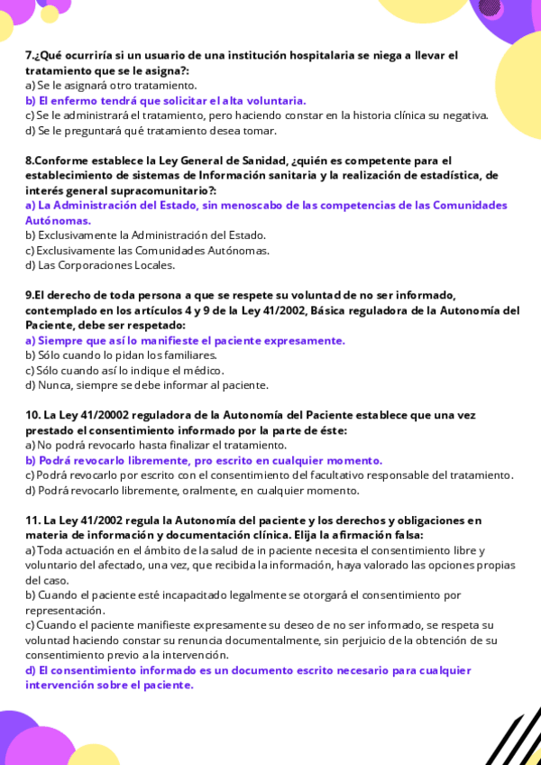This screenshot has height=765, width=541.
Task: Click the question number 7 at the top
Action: point(29,55)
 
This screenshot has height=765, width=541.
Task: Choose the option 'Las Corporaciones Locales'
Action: point(106,265)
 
